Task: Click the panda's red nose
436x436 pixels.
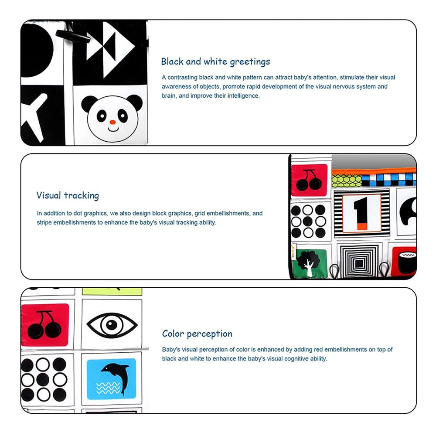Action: tap(112, 122)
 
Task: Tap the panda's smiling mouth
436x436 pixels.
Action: tap(113, 129)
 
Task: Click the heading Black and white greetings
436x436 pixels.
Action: tap(215, 62)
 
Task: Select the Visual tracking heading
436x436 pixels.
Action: tap(68, 195)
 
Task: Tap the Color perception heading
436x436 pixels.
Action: tap(197, 334)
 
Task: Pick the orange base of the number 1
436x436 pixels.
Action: tap(362, 226)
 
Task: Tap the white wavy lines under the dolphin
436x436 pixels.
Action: tap(108, 388)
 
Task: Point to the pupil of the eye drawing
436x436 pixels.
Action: tap(112, 324)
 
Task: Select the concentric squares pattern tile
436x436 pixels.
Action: tap(358, 262)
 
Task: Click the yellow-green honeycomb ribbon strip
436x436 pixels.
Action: tap(347, 181)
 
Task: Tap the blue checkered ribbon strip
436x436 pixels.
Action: tap(389, 180)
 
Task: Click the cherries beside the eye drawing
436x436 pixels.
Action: tap(44, 325)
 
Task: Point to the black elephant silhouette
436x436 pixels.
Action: tap(408, 211)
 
